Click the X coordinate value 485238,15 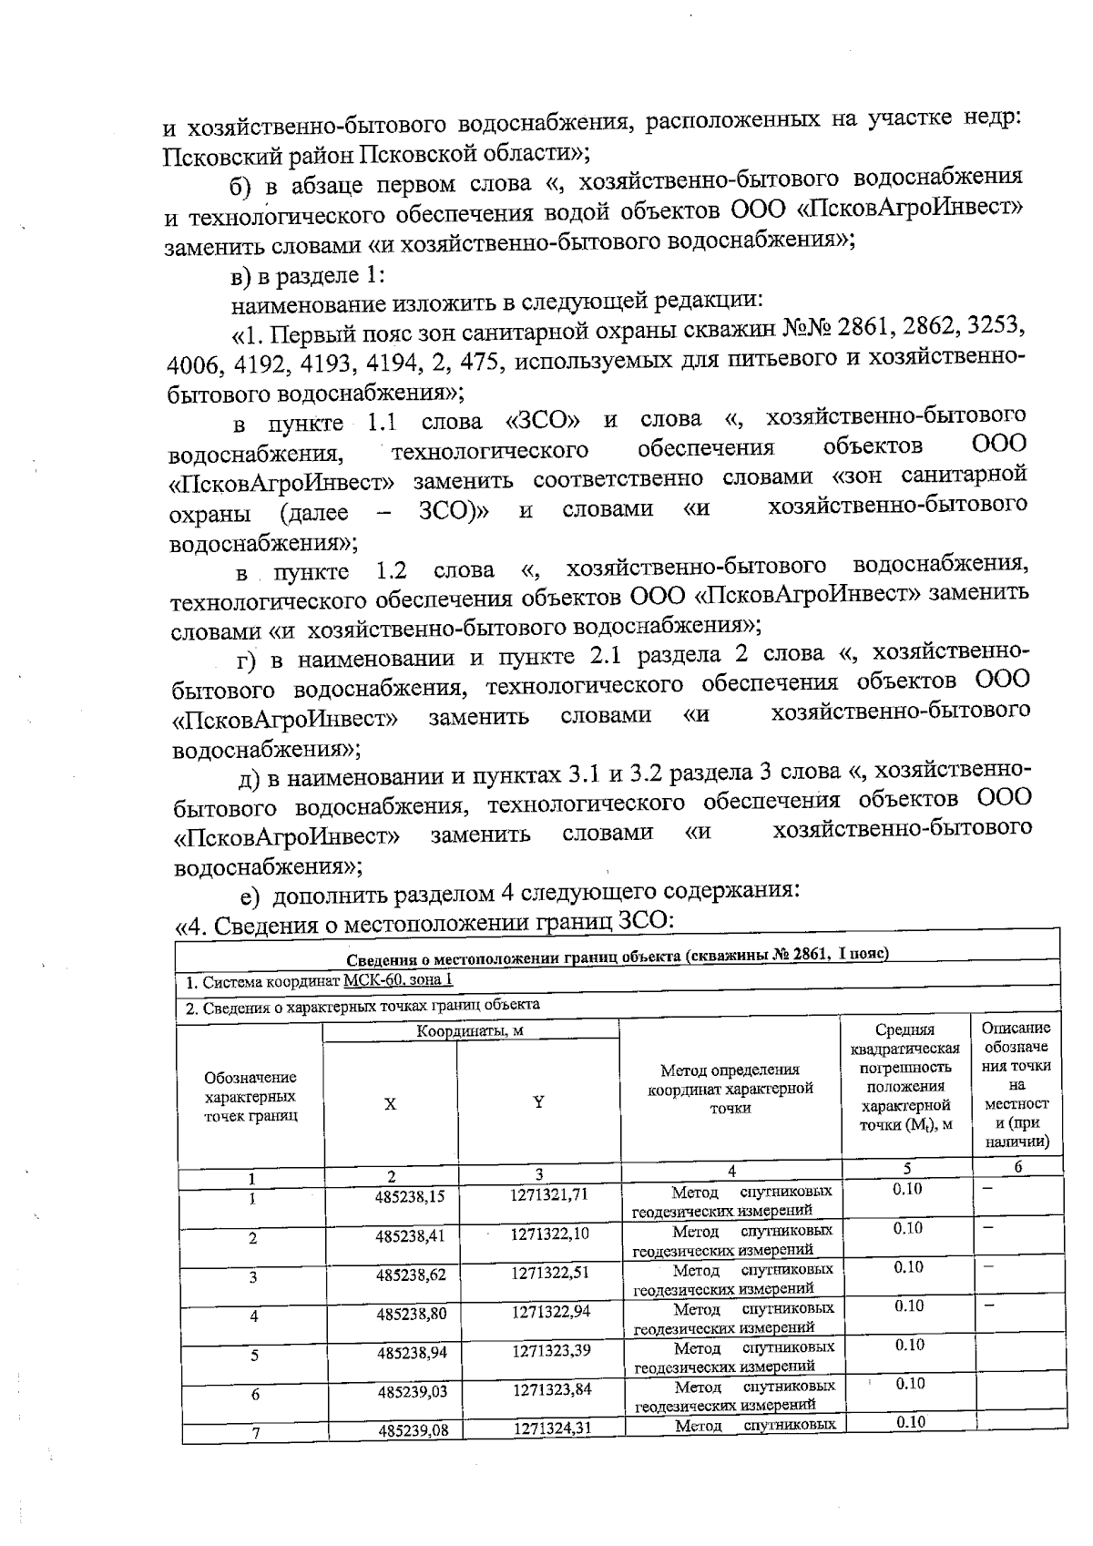(410, 1197)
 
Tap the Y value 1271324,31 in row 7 (552, 1428)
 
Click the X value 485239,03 (413, 1392)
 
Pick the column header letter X (390, 1103)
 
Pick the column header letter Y (538, 1101)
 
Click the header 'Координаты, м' (470, 1031)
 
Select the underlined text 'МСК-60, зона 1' (398, 980)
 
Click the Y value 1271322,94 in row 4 (551, 1312)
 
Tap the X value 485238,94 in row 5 (413, 1353)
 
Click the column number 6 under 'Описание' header (1017, 1167)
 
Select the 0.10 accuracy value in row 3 (908, 1266)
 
